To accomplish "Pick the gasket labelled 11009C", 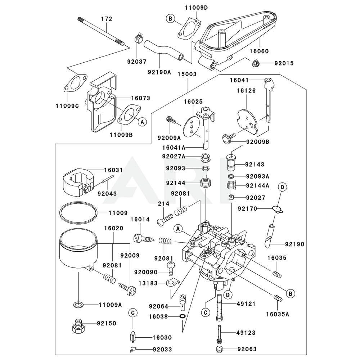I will [x=75, y=84].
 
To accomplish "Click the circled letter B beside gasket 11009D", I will [x=171, y=19].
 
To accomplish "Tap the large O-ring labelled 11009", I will [x=78, y=214].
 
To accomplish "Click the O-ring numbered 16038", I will [x=182, y=316].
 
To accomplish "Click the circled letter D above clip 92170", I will [x=283, y=187].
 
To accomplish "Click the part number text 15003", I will [x=187, y=74].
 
